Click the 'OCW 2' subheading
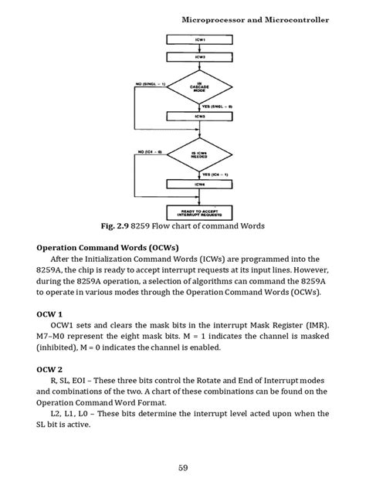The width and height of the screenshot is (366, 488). click(52, 369)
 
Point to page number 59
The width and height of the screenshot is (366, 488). click(183, 467)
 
